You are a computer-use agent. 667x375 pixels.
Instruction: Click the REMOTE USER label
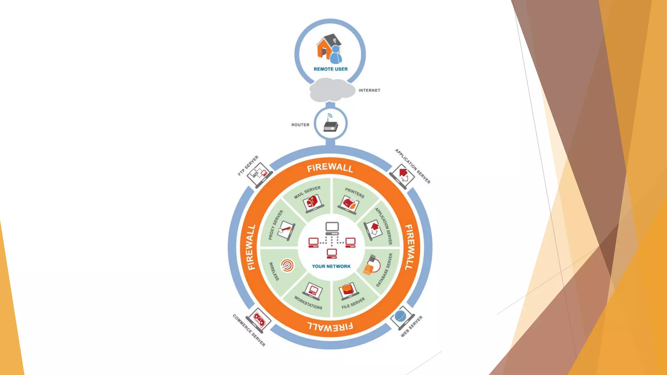331,69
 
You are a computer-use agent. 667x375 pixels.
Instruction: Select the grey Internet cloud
332,90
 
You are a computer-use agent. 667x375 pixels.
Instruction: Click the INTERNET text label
369,90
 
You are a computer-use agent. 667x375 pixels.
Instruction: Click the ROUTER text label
300,125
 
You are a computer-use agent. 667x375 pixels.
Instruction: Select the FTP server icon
259,174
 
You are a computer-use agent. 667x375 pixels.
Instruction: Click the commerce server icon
259,320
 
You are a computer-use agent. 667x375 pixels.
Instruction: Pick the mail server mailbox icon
313,203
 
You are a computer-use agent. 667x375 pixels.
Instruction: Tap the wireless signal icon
287,265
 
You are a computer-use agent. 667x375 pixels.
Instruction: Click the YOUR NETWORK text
331,266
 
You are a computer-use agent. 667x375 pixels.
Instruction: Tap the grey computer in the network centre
332,228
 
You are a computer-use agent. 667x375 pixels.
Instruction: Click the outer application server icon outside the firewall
403,175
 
